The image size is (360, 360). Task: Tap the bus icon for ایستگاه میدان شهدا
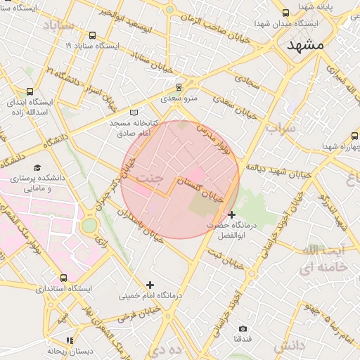285,13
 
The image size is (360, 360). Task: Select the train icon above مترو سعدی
179,87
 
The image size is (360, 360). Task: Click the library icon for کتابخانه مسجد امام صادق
135,112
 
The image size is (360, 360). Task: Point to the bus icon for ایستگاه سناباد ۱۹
92,35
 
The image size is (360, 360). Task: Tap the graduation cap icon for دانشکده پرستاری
37,167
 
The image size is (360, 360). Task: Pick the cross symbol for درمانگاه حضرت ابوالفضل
232,214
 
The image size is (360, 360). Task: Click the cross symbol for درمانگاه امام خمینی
149,285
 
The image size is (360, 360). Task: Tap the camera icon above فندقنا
243,329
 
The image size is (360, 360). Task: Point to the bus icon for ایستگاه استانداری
64,278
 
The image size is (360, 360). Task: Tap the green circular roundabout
89,226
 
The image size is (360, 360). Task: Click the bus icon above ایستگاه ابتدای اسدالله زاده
30,91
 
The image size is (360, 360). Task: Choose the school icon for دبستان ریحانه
69,340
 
